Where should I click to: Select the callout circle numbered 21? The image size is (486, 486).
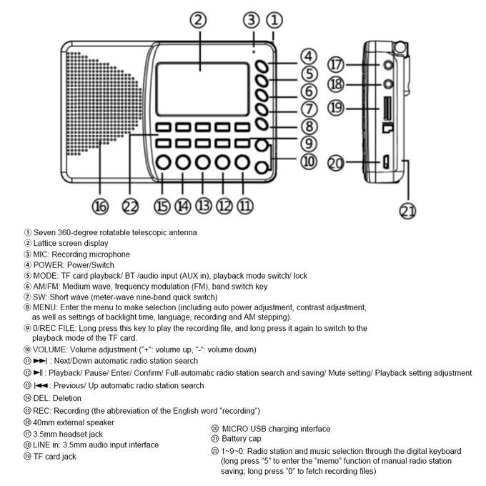click(x=407, y=211)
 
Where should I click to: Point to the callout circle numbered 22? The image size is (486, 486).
click(x=129, y=206)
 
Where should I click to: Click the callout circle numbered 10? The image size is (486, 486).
click(x=308, y=162)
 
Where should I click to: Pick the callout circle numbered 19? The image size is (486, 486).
click(x=336, y=108)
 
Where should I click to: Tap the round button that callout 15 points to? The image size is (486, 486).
click(x=163, y=163)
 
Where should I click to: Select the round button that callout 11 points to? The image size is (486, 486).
click(x=244, y=163)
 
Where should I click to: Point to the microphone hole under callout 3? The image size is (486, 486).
click(x=252, y=51)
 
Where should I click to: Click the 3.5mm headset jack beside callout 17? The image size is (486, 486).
click(x=388, y=65)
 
